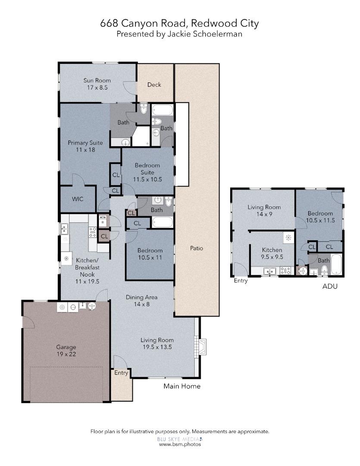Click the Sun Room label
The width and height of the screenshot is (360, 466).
[97, 84]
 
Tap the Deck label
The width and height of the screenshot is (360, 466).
[154, 85]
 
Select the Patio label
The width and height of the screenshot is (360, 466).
[197, 248]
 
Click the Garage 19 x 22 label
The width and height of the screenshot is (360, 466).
[66, 350]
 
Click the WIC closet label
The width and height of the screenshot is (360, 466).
[78, 199]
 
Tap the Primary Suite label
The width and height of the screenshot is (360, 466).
[85, 146]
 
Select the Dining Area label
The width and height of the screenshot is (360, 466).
[141, 300]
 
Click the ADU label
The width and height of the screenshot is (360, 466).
[330, 286]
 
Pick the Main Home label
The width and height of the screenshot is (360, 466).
[182, 386]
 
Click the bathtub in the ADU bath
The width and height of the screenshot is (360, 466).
[336, 264]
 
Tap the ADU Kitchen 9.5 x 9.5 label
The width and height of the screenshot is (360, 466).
[272, 254]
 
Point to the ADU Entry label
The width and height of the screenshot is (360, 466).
[241, 280]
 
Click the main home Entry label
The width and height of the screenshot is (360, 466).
[121, 373]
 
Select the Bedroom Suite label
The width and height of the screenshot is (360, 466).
[147, 172]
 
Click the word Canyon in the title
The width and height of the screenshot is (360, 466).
[139, 23]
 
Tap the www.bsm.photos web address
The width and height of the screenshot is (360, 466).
[180, 444]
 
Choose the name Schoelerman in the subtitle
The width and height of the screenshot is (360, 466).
[218, 34]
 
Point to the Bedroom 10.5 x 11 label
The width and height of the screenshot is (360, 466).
[150, 254]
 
